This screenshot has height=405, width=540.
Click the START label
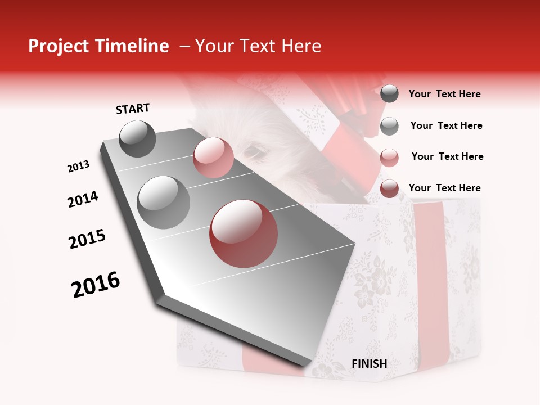pyautogui.click(x=133, y=109)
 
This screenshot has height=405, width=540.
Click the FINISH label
pyautogui.click(x=370, y=363)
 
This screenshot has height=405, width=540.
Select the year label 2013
pyautogui.click(x=78, y=166)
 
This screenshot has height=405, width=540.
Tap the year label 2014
pyautogui.click(x=83, y=199)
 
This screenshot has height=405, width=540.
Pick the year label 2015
pyautogui.click(x=87, y=239)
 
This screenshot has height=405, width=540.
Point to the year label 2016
pyautogui.click(x=96, y=285)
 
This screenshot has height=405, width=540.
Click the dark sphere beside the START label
pyautogui.click(x=137, y=138)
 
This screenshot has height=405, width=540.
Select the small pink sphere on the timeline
pyautogui.click(x=213, y=157)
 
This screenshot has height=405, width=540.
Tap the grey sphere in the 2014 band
pyautogui.click(x=163, y=202)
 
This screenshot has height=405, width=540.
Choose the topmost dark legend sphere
pyautogui.click(x=389, y=94)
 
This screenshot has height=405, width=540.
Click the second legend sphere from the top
pyautogui.click(x=389, y=125)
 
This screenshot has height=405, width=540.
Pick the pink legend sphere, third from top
pyautogui.click(x=389, y=157)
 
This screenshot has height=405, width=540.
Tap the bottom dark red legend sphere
pyautogui.click(x=389, y=188)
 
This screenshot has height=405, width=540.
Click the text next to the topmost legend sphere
pyautogui.click(x=444, y=94)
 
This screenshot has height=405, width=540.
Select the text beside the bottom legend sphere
pyautogui.click(x=444, y=188)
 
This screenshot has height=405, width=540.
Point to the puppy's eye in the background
pyautogui.click(x=255, y=151)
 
